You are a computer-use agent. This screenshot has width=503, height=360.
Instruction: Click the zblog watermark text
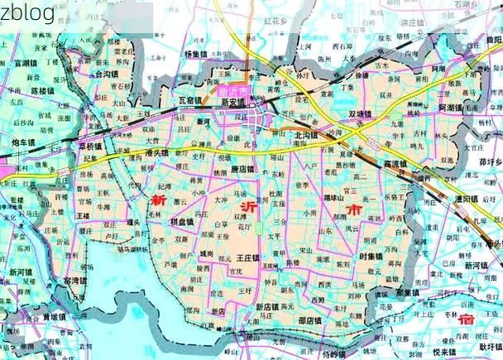click(x=27, y=12)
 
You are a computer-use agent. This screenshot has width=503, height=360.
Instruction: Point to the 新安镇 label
click(x=234, y=102)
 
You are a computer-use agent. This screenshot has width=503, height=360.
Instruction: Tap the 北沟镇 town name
click(x=308, y=133)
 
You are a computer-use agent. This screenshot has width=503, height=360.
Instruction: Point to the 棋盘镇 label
click(x=182, y=223)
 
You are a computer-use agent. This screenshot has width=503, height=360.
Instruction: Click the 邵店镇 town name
click(x=311, y=319)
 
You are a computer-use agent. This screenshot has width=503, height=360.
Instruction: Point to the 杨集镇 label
click(x=198, y=53)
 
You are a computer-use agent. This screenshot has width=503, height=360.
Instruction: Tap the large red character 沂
click(x=248, y=207)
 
